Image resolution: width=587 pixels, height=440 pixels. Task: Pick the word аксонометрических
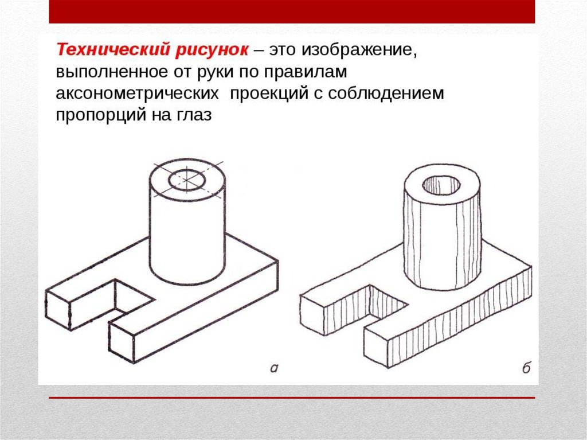point(138,94)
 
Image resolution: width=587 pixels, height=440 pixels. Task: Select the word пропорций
point(101,115)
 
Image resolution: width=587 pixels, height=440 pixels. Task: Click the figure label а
point(275,368)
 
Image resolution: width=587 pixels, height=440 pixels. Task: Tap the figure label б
point(526,367)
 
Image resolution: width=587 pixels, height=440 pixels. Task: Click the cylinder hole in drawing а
point(187,180)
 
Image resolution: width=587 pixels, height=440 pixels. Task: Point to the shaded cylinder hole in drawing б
point(441,185)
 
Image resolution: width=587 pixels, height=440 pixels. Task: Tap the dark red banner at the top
point(292,11)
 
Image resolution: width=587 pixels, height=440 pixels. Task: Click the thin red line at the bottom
point(292,398)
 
